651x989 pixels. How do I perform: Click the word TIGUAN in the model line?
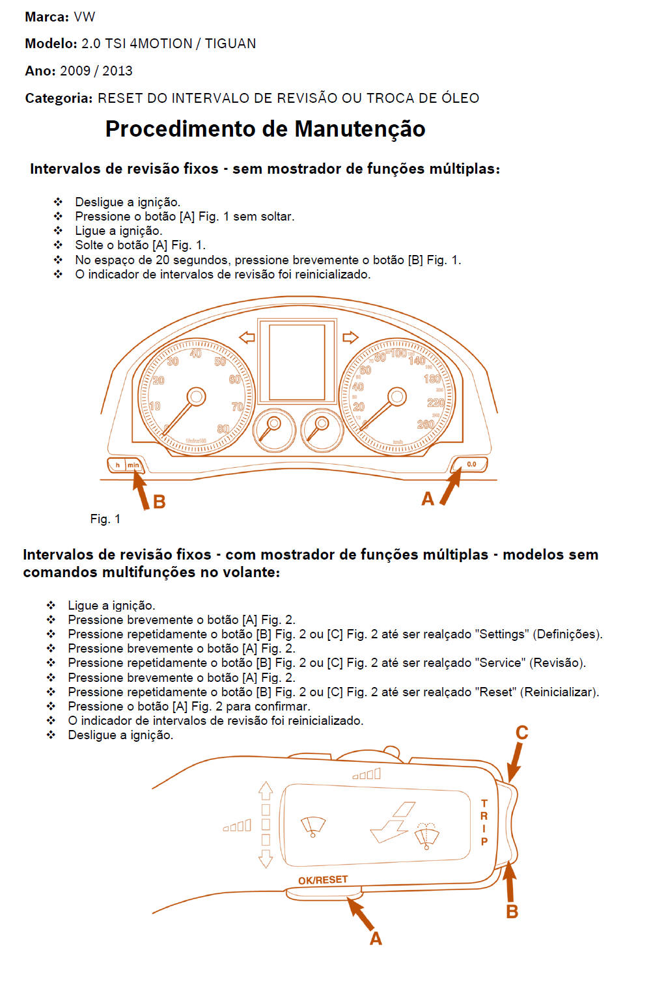coord(230,44)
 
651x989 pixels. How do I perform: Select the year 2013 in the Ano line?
coord(117,71)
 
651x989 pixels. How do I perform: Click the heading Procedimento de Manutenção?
coord(265,129)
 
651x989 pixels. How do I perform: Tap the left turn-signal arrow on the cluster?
coord(247,337)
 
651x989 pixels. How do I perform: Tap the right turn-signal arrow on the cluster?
coord(350,337)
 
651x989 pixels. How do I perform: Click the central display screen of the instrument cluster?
coord(297,362)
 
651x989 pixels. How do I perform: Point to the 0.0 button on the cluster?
coord(471,465)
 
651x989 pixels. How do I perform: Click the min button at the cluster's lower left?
coord(133,465)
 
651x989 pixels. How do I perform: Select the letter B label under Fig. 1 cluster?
coord(159,502)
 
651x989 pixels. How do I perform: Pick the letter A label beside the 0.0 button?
coord(428,499)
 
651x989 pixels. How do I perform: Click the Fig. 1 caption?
coord(105,519)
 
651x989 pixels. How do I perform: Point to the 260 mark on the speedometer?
coord(426,424)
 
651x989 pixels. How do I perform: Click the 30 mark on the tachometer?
coord(173,361)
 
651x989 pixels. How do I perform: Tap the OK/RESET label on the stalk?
coord(323,880)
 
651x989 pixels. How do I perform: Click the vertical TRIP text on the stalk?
coord(484,822)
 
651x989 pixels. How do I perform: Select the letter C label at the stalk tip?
coord(521,733)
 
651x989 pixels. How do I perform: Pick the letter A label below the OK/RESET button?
coord(376,939)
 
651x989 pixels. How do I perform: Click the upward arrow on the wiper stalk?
coord(265,790)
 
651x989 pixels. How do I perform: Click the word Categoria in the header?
coord(59,98)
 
